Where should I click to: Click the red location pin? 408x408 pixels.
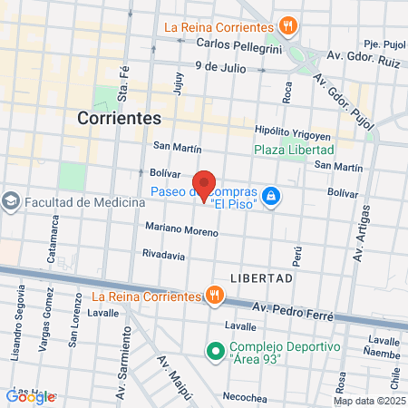point(204,185)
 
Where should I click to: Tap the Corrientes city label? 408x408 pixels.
point(120,118)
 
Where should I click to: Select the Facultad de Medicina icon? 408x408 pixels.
point(11,201)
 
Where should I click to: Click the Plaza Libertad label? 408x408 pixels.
point(294,150)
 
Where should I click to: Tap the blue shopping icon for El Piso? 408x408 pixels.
point(270,195)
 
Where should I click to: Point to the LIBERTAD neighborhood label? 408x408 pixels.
point(261,278)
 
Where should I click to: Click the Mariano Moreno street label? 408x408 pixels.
point(180,230)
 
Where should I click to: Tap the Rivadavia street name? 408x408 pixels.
point(163,257)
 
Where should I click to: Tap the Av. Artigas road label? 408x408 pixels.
point(364,235)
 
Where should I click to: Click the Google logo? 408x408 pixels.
point(30,396)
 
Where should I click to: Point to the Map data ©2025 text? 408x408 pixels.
point(369,401)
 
